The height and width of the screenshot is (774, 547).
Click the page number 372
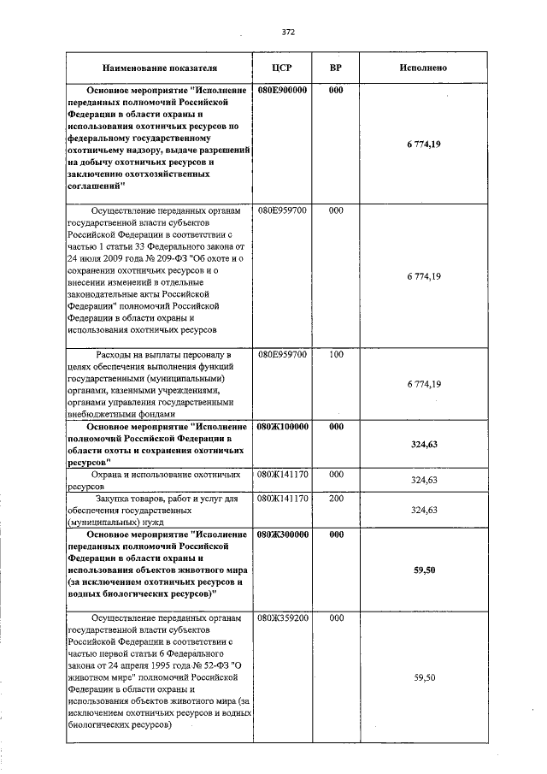288,32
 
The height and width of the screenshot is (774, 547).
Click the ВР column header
336,67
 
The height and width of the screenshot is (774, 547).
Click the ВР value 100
336,353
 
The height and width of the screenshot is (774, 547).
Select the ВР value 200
336,498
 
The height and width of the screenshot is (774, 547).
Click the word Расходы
115,354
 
